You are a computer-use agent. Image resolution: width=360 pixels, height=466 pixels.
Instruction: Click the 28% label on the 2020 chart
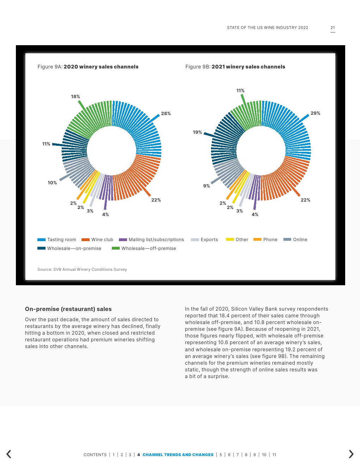[166, 113]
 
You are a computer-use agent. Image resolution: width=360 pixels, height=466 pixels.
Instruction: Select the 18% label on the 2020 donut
[75, 96]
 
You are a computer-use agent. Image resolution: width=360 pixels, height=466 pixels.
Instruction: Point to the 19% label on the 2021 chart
[197, 132]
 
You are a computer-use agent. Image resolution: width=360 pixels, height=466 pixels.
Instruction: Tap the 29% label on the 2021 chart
[315, 113]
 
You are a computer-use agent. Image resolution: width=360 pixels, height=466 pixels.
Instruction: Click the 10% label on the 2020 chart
[52, 183]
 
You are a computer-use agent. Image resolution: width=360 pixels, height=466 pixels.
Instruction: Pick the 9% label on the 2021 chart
[206, 186]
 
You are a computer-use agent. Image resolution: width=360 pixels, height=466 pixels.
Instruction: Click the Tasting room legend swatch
[41, 240]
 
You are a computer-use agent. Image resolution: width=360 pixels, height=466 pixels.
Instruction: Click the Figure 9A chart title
[88, 67]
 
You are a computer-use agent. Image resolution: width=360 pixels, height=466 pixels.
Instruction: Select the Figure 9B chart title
[235, 67]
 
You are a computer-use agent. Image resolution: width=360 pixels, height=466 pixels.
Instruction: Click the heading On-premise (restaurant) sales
[68, 309]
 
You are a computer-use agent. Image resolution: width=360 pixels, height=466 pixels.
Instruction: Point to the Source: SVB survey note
[82, 269]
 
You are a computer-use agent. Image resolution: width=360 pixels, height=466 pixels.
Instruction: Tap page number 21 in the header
[332, 28]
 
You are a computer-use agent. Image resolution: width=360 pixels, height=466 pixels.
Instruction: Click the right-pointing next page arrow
[351, 454]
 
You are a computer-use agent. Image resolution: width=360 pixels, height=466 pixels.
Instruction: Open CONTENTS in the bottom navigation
[95, 455]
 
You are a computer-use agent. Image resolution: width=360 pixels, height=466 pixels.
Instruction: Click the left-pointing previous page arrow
[9, 454]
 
